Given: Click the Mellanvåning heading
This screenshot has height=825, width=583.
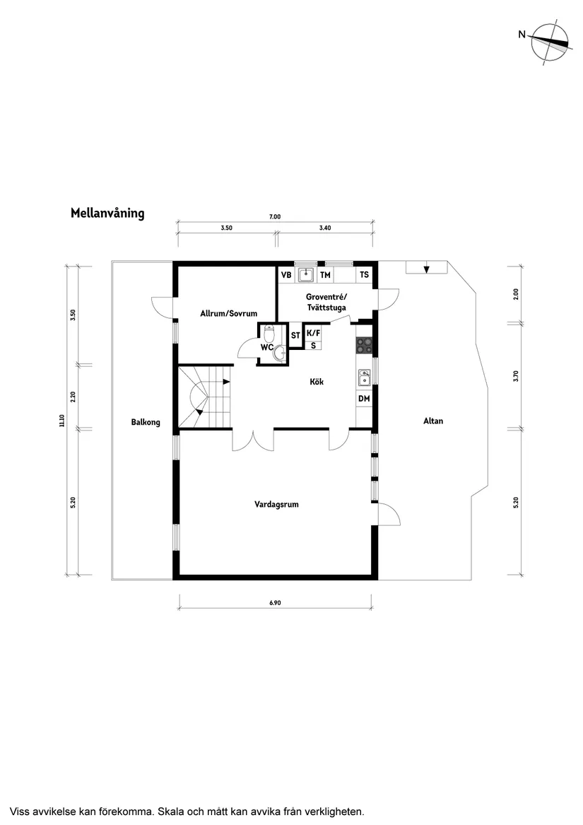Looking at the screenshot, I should (x=107, y=213).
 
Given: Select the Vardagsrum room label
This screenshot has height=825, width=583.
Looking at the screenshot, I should (x=276, y=504).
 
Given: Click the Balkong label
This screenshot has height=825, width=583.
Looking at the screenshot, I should (x=146, y=423).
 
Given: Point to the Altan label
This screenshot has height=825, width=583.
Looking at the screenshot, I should (x=433, y=421).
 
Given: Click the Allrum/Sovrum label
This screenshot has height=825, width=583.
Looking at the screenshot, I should (x=228, y=312).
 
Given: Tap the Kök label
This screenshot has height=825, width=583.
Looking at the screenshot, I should (x=317, y=382).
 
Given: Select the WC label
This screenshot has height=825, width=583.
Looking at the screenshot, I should (x=267, y=347).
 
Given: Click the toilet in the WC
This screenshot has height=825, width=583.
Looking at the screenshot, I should (x=269, y=332).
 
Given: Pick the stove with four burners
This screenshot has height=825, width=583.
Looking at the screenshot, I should (x=365, y=345).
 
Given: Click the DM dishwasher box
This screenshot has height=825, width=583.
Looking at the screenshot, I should (x=364, y=399).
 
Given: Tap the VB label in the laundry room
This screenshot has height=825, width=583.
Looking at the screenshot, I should (x=286, y=274).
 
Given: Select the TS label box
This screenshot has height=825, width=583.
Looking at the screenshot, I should (x=364, y=274).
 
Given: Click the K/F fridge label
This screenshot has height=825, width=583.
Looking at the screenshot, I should (x=313, y=334).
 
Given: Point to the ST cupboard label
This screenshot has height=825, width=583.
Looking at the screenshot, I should (x=295, y=335).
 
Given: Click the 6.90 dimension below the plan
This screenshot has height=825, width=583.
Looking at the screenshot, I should (x=276, y=603).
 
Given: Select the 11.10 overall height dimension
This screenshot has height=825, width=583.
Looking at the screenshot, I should (x=62, y=421).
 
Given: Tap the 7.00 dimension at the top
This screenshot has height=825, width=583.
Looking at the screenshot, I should (x=275, y=217).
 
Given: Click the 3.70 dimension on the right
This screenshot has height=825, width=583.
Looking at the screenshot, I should (x=516, y=376).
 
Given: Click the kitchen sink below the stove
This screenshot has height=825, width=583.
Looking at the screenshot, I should (x=365, y=378).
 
